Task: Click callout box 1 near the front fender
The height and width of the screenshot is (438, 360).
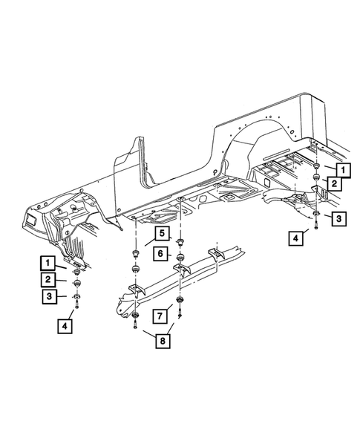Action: (47, 263)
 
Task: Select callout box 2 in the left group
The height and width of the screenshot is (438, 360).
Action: (47, 279)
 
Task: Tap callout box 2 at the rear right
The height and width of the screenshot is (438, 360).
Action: (336, 184)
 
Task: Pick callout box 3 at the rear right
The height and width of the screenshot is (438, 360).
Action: (337, 218)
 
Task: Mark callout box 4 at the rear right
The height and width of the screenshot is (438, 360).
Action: (298, 238)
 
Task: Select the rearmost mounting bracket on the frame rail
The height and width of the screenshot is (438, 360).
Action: (215, 256)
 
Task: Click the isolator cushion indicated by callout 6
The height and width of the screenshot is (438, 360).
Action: (180, 256)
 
